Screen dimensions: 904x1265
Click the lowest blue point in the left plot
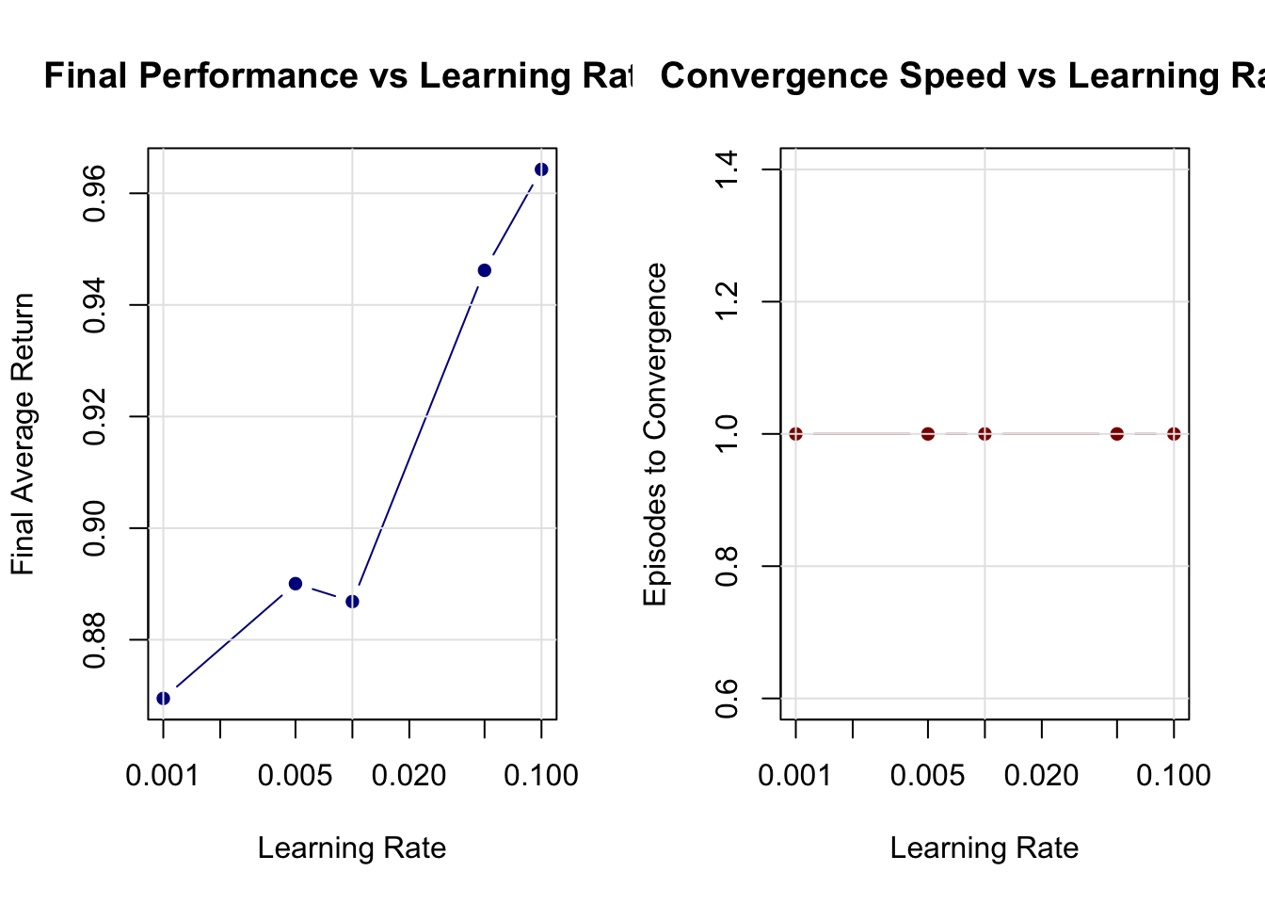[x=163, y=698]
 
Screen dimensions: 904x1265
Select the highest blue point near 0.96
[x=541, y=169]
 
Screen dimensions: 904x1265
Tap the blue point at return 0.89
[x=296, y=584]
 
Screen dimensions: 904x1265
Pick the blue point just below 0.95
[x=485, y=270]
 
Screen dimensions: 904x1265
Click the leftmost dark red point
[x=795, y=434]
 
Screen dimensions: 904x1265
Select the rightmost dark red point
[x=1174, y=434]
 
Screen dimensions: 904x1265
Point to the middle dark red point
[x=985, y=434]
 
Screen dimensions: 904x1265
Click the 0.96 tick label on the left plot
[x=94, y=194]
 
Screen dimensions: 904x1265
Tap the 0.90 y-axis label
[x=94, y=528]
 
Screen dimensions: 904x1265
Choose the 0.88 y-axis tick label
[x=94, y=639]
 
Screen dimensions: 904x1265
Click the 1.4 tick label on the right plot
[x=727, y=169]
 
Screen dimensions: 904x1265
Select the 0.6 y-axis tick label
[x=727, y=698]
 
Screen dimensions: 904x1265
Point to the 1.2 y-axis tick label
[x=727, y=301]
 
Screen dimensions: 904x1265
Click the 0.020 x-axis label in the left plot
[x=408, y=776]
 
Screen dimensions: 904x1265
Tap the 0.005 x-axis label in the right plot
[x=928, y=776]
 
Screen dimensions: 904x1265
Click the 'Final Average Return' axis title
[x=23, y=434]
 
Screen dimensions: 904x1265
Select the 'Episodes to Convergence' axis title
[x=655, y=434]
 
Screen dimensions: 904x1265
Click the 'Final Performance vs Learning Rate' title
[x=339, y=76]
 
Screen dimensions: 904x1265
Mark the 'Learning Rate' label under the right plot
[x=985, y=848]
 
